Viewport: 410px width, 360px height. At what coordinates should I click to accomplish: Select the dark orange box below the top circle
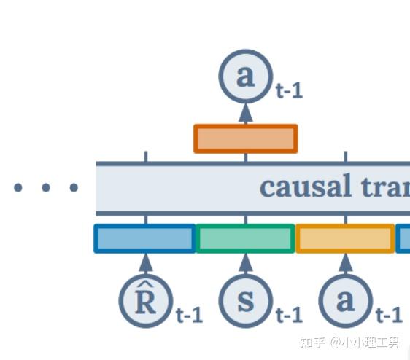pos(245,138)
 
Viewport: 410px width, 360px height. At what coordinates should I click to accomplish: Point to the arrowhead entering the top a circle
pos(245,111)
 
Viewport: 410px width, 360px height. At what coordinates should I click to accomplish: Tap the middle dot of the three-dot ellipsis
pos(45,188)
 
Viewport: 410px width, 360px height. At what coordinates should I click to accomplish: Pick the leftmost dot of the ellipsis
pos(18,188)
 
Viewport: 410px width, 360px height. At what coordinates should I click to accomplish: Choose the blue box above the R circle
pos(145,238)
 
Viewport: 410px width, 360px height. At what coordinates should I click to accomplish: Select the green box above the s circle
pos(245,238)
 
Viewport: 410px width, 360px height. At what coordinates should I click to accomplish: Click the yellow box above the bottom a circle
pos(345,238)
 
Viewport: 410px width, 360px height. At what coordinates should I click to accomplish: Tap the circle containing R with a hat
pos(146,301)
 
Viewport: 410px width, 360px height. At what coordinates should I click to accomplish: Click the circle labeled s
pos(246,301)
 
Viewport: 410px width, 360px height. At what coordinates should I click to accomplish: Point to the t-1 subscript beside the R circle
pos(189,316)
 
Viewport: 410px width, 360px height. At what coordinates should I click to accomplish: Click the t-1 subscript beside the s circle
pos(289,316)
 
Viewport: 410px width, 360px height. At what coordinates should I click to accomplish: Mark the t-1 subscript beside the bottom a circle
pos(388,316)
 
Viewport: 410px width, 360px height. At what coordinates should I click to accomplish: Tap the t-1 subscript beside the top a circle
pos(289,91)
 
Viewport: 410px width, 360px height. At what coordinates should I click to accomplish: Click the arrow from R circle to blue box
pos(146,263)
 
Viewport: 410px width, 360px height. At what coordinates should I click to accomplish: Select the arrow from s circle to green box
pos(246,263)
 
